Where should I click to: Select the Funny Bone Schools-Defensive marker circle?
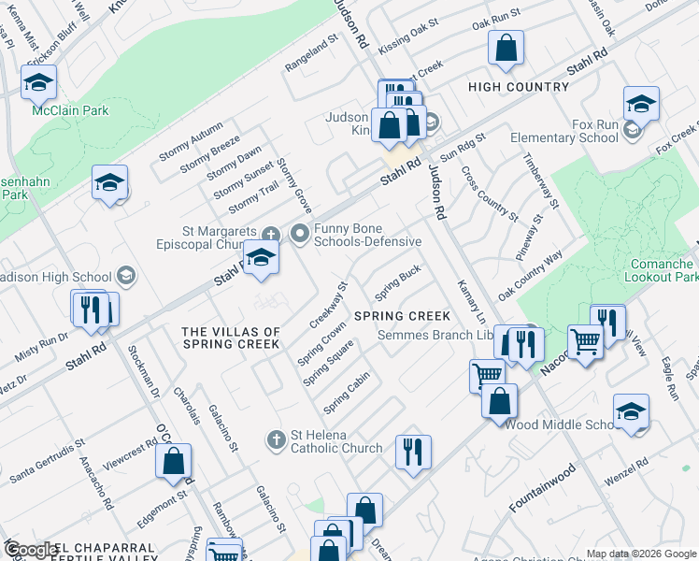(300, 233)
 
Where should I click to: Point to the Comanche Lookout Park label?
(658, 271)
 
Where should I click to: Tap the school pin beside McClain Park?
(39, 83)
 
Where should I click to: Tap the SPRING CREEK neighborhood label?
(403, 316)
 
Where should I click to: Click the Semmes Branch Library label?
(439, 336)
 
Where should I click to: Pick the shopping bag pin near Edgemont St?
(173, 462)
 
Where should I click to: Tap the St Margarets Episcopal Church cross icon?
(271, 234)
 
